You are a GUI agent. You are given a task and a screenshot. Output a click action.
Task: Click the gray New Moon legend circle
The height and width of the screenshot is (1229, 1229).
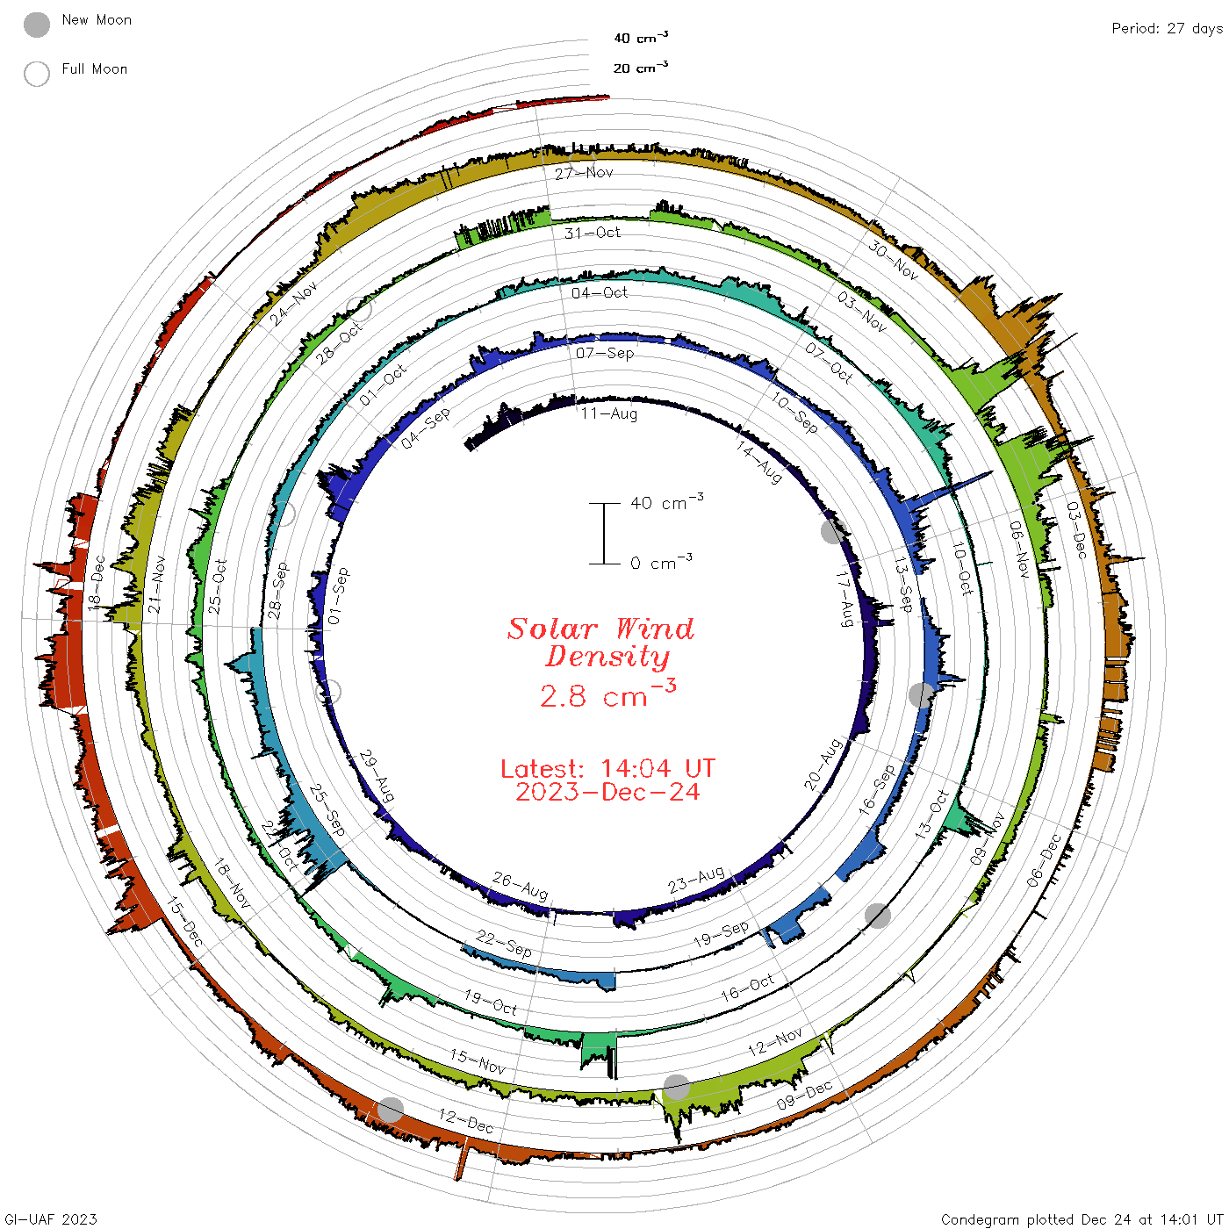pyautogui.click(x=36, y=25)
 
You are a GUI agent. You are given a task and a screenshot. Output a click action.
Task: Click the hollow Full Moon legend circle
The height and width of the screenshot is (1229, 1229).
pyautogui.click(x=36, y=74)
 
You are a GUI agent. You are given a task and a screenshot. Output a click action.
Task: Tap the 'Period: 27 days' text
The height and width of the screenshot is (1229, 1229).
pyautogui.click(x=1168, y=29)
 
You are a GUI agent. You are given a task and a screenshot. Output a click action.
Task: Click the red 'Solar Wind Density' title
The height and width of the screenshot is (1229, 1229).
pyautogui.click(x=600, y=643)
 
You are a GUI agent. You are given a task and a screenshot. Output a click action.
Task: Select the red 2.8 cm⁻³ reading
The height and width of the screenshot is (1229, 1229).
pyautogui.click(x=607, y=694)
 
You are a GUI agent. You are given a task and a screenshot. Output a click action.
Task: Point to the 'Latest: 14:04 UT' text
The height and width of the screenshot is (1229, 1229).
pyautogui.click(x=607, y=768)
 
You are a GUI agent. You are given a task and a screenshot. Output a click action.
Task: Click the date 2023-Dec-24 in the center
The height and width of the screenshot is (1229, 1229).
pyautogui.click(x=607, y=792)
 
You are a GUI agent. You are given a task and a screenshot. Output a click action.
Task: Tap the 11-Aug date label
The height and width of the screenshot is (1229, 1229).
pyautogui.click(x=608, y=413)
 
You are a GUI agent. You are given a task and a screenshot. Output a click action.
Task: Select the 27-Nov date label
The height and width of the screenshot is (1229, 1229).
pyautogui.click(x=584, y=173)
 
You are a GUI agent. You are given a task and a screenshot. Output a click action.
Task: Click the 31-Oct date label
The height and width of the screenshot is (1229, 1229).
pyautogui.click(x=592, y=233)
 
